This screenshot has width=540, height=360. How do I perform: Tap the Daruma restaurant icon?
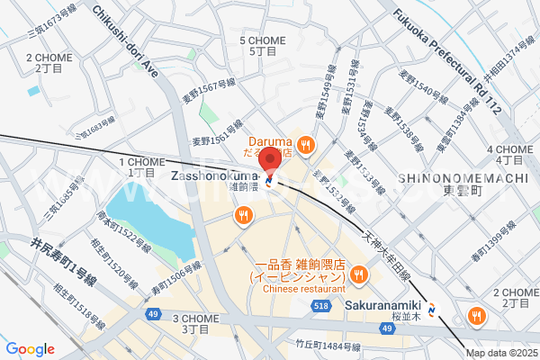pyautogui.click(x=306, y=142)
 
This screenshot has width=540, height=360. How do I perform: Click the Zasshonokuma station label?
pyautogui.click(x=212, y=175)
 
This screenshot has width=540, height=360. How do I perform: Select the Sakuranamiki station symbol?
pyautogui.click(x=435, y=311)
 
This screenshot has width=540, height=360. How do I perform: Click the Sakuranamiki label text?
pyautogui.click(x=383, y=304)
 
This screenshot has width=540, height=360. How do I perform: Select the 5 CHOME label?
pyautogui.click(x=262, y=41)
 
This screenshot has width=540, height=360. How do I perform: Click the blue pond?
pyautogui.click(x=148, y=216)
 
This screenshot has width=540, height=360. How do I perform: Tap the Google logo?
pyautogui.click(x=30, y=348)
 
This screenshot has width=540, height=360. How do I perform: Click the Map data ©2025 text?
pyautogui.click(x=502, y=353)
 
